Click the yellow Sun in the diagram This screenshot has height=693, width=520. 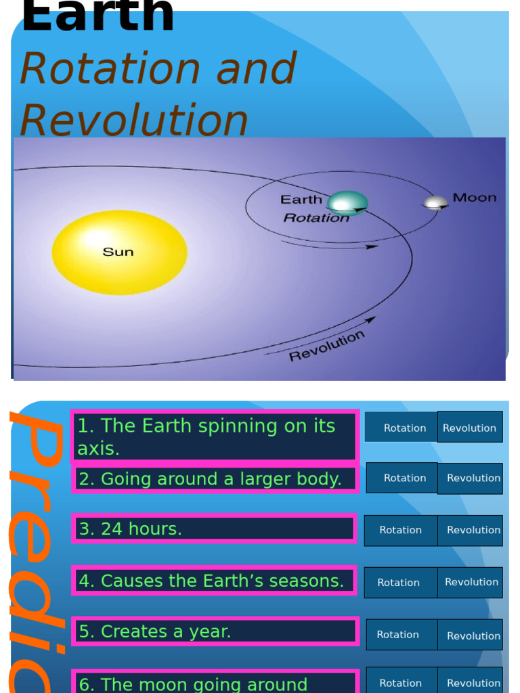119,252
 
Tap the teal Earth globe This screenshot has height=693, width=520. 347,203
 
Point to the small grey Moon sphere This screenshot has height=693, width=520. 435,202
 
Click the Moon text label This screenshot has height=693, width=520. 474,198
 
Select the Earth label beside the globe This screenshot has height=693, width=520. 301,200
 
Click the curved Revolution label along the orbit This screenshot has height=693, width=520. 327,346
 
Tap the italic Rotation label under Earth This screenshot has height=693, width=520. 316,218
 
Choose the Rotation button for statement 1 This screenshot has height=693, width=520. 404,428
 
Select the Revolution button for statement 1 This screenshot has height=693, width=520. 470,428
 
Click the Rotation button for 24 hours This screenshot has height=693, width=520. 401,530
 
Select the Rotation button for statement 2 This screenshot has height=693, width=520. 404,478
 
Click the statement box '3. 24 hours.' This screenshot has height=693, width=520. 215,529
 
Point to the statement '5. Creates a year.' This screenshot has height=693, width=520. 215,631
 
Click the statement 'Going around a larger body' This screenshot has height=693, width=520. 215,479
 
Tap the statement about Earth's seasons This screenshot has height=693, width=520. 215,581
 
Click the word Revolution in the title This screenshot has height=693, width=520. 134,120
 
